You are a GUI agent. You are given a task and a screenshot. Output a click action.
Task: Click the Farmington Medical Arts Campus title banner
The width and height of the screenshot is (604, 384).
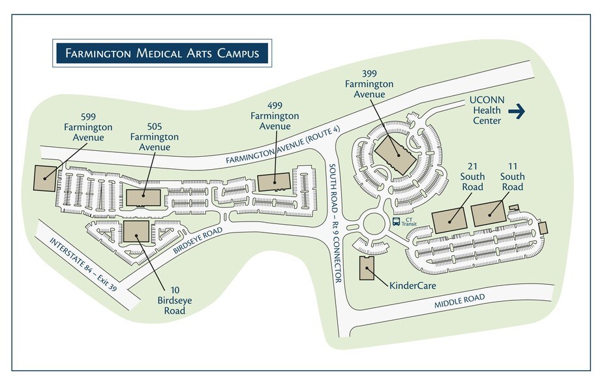point(161,52)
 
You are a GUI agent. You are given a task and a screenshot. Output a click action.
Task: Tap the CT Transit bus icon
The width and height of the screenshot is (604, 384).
point(396,222)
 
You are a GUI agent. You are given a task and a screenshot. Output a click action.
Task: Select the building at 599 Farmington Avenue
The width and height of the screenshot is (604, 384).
point(44,178)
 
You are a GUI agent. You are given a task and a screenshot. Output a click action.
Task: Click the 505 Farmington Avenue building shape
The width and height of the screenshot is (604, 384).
point(143,197)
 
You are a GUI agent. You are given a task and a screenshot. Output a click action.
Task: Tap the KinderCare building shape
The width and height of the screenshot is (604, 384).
point(367,268)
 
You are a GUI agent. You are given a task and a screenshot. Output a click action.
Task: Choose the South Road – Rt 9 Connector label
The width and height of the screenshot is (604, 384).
point(334,222)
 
